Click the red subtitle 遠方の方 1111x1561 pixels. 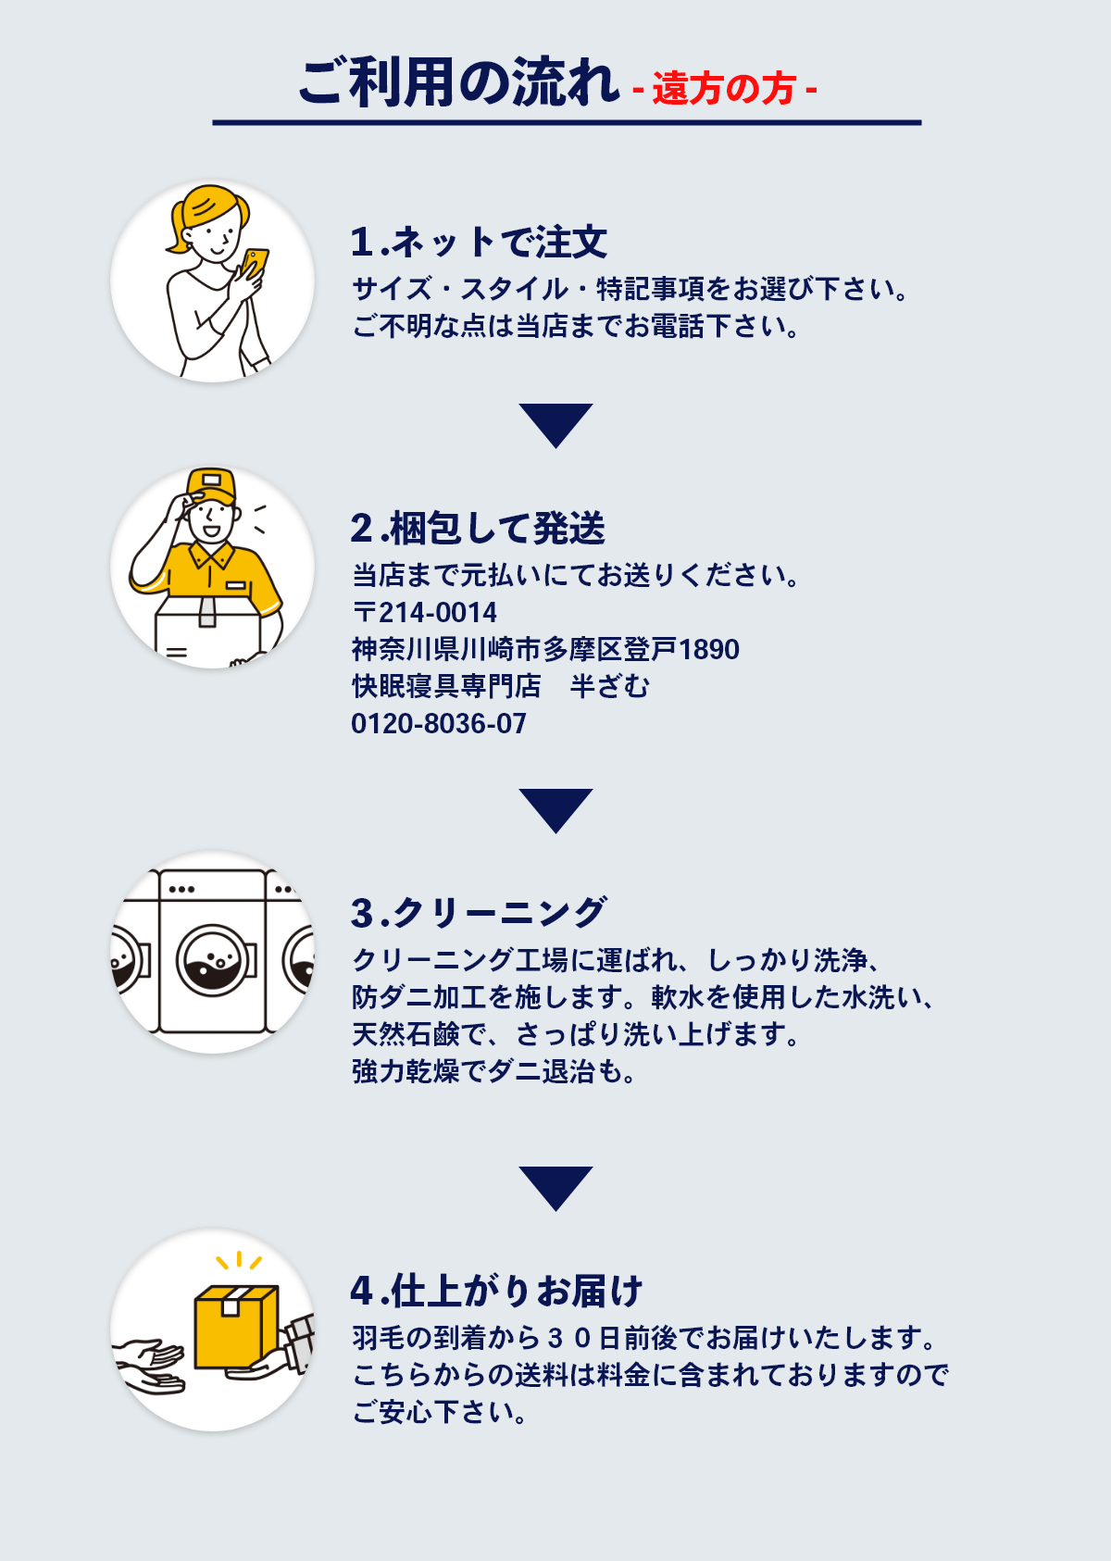(724, 89)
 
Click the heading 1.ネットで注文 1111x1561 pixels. (479, 243)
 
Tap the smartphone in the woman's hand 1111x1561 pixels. (256, 262)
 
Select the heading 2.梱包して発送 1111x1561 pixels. (478, 529)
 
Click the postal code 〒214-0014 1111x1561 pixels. (425, 612)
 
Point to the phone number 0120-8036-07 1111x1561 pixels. (439, 723)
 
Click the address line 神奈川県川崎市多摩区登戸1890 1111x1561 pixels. (545, 649)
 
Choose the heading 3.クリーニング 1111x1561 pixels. (479, 913)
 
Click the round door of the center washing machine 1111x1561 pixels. (217, 960)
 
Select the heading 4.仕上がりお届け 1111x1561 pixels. (496, 1291)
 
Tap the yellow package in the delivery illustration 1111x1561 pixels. (235, 1327)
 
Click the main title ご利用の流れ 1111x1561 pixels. (458, 83)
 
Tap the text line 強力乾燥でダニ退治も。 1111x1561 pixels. (494, 1071)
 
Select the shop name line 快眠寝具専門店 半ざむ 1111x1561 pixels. (501, 686)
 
